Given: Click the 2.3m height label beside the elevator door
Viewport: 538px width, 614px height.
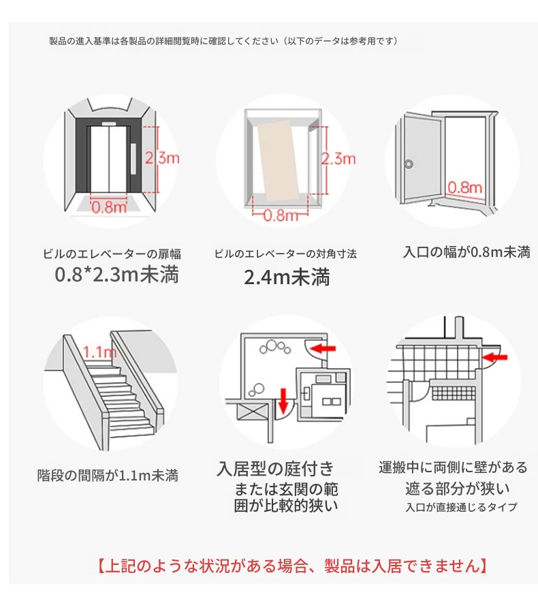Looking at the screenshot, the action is point(162,158).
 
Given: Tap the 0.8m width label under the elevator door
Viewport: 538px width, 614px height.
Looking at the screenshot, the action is point(109,207).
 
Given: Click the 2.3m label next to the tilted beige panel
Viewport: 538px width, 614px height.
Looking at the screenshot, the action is point(338,159).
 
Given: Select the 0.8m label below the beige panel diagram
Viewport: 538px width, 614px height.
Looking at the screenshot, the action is point(280,215).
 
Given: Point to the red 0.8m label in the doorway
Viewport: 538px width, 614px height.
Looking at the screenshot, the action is point(465,187).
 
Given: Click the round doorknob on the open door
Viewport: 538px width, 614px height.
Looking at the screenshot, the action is point(409,164).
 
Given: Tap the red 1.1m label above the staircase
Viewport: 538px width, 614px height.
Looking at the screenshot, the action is point(99,352).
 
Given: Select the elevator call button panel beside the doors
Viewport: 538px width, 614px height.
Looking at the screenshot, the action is point(133,159).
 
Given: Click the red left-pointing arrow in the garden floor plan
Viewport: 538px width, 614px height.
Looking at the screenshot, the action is point(323,348).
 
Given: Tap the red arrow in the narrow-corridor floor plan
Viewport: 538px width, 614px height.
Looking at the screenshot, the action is point(494,356).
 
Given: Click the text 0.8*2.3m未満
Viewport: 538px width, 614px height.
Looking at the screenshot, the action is point(116,274).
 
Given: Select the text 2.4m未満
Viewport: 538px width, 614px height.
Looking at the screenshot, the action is point(287,277).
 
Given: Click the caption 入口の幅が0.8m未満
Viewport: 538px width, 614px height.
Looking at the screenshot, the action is point(466,252).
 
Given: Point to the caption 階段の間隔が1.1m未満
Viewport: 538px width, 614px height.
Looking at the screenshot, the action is point(108,476).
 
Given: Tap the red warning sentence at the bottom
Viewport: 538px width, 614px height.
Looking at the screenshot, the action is point(292,566).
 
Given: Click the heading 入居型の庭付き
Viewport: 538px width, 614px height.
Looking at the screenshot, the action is point(275,469).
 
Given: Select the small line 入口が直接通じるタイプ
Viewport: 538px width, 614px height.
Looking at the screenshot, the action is point(461,507).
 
